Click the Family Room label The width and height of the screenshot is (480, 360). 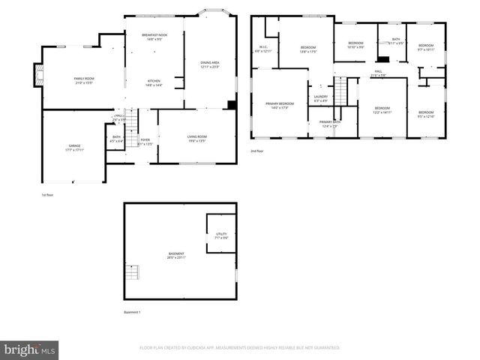(x=83, y=80)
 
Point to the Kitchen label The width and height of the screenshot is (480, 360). (x=154, y=82)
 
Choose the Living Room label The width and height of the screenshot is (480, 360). (x=197, y=138)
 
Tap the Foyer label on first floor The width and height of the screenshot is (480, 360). (x=145, y=141)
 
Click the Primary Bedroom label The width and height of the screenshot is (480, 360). (x=279, y=105)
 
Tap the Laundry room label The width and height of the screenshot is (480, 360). (x=320, y=98)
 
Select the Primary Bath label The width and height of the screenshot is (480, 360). (x=330, y=123)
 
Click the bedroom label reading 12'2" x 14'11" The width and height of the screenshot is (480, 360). (x=382, y=110)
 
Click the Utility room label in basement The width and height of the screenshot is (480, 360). (x=220, y=235)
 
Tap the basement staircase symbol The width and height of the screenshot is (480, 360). (x=133, y=271)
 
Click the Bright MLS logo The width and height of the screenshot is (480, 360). (x=30, y=349)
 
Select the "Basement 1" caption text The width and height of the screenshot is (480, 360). (x=132, y=312)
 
